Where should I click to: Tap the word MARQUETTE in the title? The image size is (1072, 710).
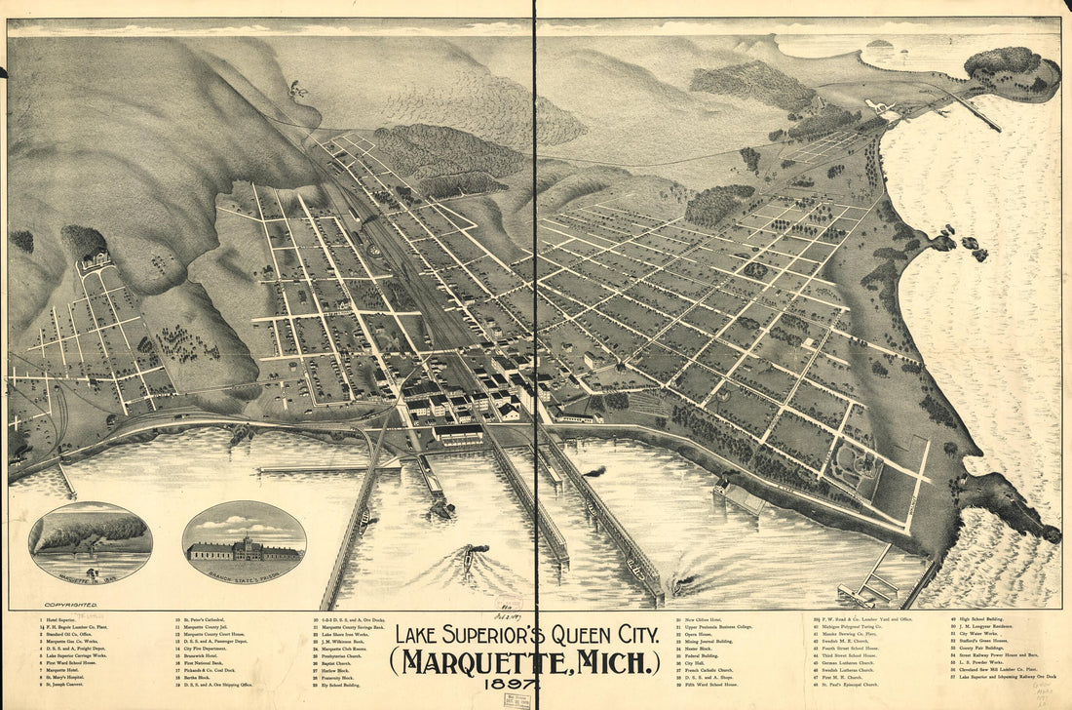pos(485,662)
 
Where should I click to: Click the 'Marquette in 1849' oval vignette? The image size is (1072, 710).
pos(91,542)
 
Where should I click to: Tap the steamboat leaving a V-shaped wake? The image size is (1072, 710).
pos(470,559)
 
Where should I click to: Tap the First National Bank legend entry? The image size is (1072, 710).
pos(208,660)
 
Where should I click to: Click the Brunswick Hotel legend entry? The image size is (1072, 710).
pos(206,652)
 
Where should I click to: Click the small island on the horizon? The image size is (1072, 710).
pos(879,43)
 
